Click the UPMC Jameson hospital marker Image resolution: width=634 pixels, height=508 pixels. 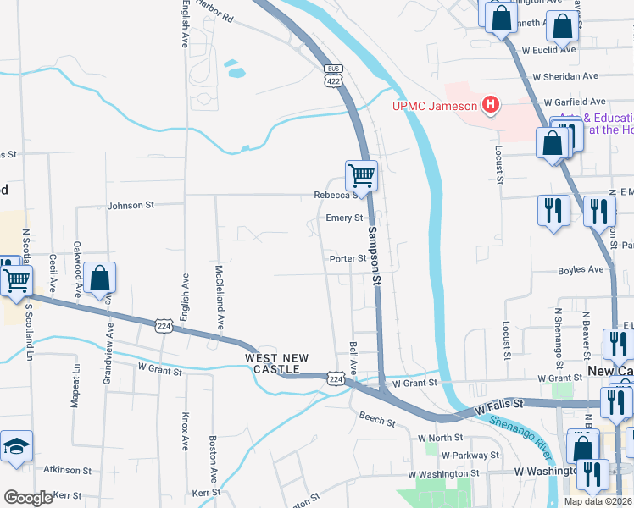[490, 106]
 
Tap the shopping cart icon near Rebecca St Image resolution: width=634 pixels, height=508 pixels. [361, 176]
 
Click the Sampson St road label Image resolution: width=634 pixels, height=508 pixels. [373, 253]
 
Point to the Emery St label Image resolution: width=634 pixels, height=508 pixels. [344, 218]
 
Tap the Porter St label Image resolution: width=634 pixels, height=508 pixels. [347, 259]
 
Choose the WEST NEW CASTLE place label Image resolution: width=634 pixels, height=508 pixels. [272, 364]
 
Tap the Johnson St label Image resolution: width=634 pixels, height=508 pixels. [131, 205]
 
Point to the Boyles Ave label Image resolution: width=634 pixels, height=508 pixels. [581, 270]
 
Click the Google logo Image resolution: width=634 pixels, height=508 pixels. [28, 498]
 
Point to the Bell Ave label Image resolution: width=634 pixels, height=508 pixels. [353, 359]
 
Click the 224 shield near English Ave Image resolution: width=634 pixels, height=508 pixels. [165, 325]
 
